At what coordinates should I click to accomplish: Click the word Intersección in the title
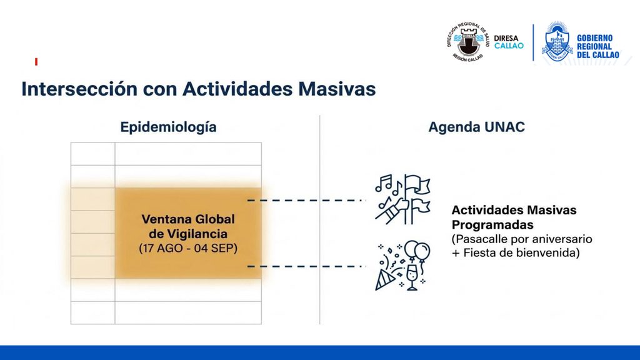[x=79, y=89]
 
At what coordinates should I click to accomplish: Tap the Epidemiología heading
[x=168, y=127]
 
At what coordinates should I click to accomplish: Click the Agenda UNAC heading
[x=476, y=127]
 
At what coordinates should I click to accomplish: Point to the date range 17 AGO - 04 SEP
[x=188, y=248]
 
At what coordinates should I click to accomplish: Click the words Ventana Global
[x=188, y=219]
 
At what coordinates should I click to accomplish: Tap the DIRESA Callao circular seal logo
[x=467, y=42]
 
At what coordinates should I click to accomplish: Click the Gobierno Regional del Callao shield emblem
[x=557, y=42]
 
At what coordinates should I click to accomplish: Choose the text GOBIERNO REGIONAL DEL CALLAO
[x=597, y=46]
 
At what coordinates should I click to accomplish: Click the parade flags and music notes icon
[x=402, y=199]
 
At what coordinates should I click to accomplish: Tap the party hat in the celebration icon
[x=384, y=280]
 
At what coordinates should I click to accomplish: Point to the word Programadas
[x=492, y=225]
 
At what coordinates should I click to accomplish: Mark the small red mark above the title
[x=36, y=62]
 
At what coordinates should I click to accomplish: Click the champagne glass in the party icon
[x=412, y=277]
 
